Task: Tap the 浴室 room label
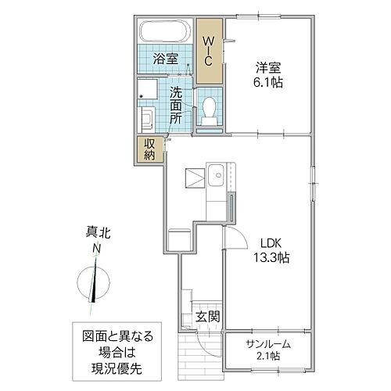[x=164, y=59]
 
